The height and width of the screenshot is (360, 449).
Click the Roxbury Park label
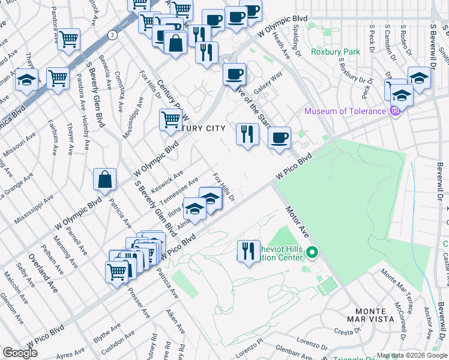coord(335,52)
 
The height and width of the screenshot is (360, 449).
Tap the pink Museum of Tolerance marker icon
coord(394,111)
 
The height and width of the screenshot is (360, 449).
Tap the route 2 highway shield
coord(112,35)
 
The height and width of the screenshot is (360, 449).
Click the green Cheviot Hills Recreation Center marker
coord(311,253)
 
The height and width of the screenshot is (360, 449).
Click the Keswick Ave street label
coord(169,179)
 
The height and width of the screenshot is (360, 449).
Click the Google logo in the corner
coord(20,353)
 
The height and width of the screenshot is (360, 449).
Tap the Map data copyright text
coord(411,355)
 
